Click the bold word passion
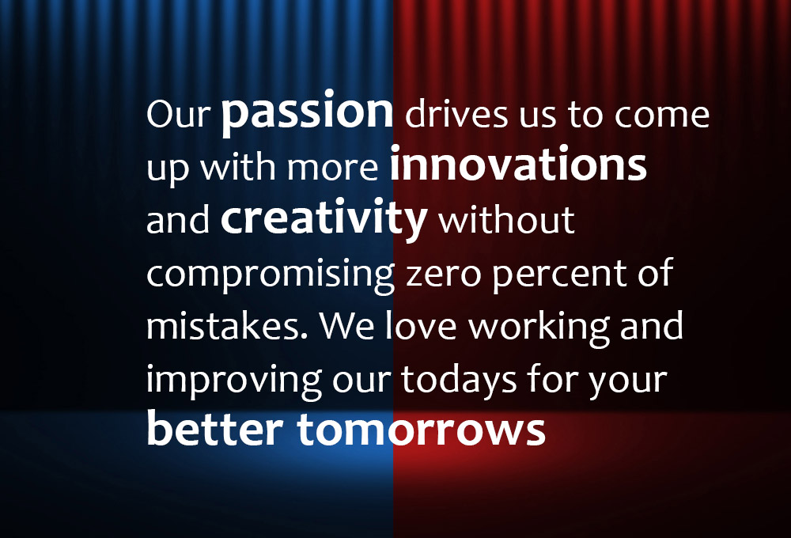307,113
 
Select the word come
662,115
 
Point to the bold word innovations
518,164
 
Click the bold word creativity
324,219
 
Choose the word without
506,219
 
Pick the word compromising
271,275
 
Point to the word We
346,326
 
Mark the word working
539,328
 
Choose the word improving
234,381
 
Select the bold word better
214,428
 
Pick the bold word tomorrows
422,430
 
